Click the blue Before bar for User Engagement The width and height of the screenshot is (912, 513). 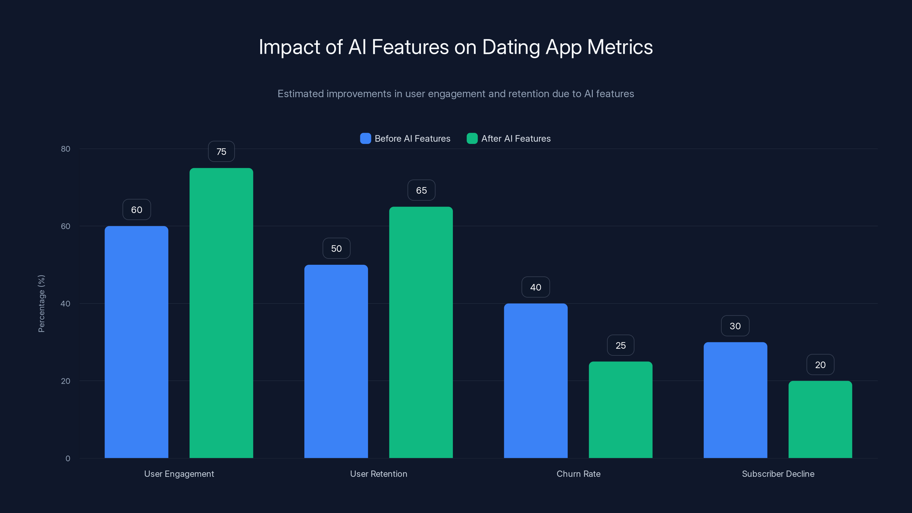[136, 342]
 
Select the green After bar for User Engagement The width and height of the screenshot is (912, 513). [221, 313]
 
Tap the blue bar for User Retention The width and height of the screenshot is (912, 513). [336, 361]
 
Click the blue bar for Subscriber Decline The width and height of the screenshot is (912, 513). [735, 400]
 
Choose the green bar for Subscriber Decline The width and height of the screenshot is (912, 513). [820, 420]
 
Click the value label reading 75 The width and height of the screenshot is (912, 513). [221, 152]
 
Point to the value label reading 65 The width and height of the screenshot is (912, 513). [421, 190]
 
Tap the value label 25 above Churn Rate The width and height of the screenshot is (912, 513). [620, 345]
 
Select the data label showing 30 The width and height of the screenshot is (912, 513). [735, 326]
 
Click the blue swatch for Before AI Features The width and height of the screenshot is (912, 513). [365, 139]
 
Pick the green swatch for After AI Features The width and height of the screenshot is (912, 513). [472, 139]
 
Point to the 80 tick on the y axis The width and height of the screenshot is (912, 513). [66, 149]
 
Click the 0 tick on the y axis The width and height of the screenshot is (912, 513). [68, 459]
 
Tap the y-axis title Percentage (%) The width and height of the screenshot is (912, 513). [41, 304]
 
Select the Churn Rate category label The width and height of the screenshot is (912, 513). [578, 474]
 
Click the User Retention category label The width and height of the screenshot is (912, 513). [378, 474]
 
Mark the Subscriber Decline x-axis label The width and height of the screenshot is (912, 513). [778, 474]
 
